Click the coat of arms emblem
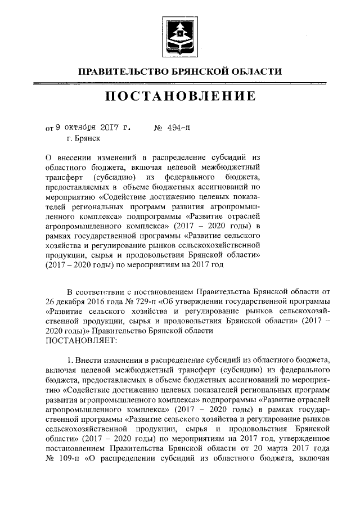tap(179, 37)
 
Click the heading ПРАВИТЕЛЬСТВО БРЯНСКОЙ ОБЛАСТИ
tap(179, 71)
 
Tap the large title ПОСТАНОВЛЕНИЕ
tap(179, 96)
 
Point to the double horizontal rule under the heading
tap(179, 83)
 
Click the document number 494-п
tap(175, 127)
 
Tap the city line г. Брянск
tap(83, 137)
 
